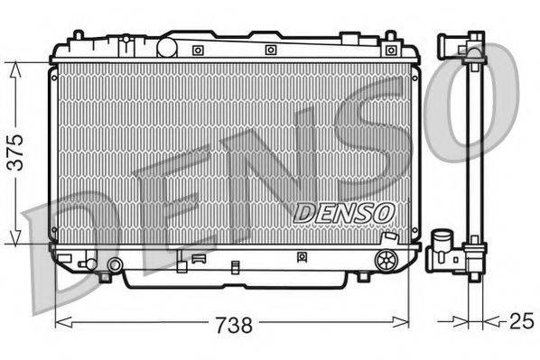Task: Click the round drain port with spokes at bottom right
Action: point(386,261)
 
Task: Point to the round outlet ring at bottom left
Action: point(115,264)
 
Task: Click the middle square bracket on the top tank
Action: point(270,50)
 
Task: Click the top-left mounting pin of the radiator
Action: point(79,36)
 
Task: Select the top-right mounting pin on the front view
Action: point(390,36)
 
